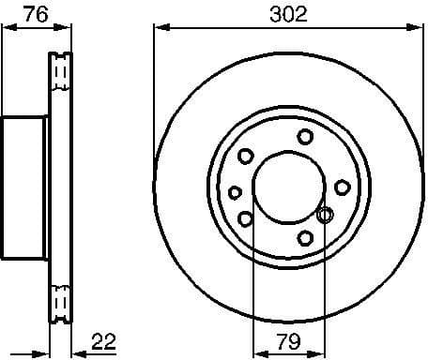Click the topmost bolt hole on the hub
coord(305,137)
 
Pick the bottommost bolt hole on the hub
coord(305,236)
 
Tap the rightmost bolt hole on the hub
coord(343,187)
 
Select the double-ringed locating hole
coord(325,215)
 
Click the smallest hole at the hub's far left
coord(235,192)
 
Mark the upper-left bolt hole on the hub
coord(246,157)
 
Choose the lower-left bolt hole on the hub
coord(246,218)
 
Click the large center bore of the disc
coord(285,187)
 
